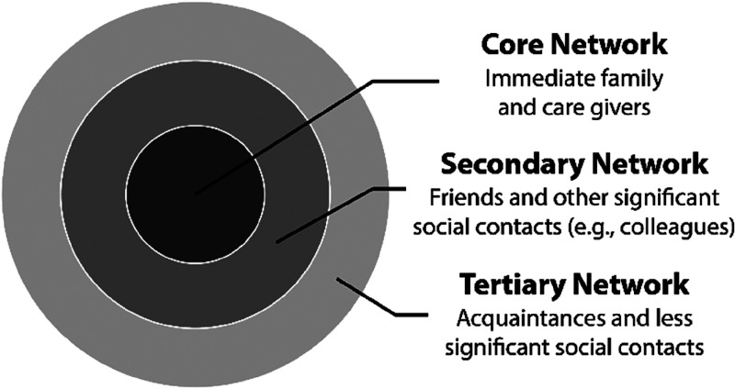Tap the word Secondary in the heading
point(505,166)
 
